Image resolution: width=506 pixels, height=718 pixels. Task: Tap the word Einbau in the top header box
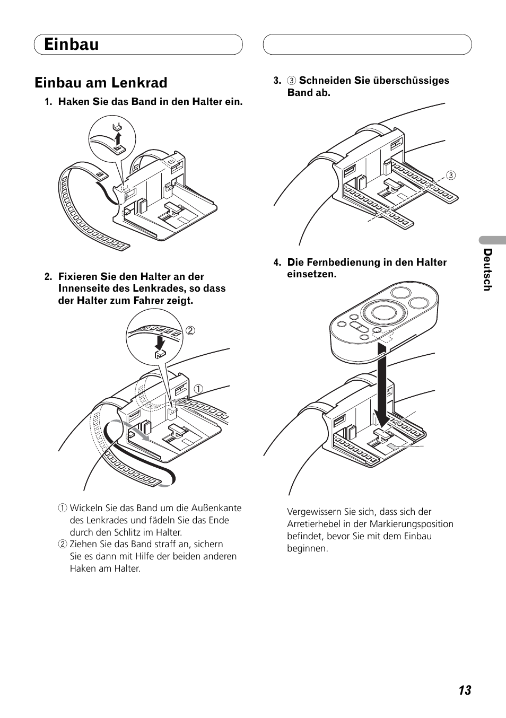(71, 44)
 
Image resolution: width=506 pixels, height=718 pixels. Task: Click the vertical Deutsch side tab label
(487, 269)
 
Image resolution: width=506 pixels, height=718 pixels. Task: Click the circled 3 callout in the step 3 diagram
(451, 176)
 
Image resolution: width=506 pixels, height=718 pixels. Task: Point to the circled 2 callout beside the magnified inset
(190, 330)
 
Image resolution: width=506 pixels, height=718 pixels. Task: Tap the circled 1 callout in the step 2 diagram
(198, 389)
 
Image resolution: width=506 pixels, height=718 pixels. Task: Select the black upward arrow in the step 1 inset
(118, 138)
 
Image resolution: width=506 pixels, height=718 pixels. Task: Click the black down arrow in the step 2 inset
(159, 343)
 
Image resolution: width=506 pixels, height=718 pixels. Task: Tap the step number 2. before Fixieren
(48, 277)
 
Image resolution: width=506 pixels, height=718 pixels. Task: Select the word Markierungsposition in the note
(411, 524)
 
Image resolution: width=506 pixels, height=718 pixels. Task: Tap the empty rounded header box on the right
(367, 44)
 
